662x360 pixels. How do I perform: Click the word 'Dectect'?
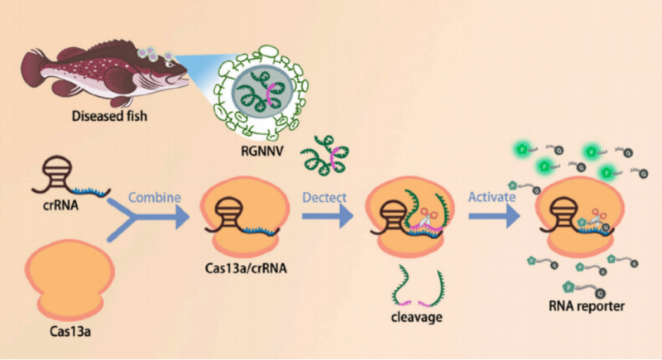point(324,199)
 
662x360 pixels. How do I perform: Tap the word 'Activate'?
point(493,199)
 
